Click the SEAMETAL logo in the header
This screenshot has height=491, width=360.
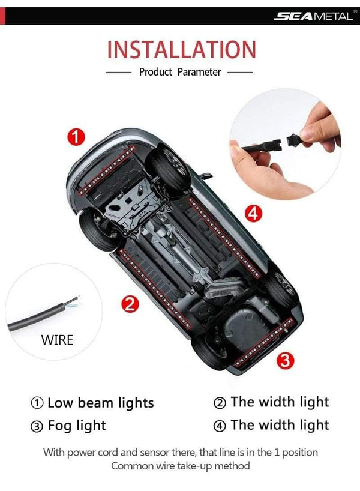pyautogui.click(x=314, y=16)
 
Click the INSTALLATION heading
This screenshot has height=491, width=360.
pyautogui.click(x=182, y=49)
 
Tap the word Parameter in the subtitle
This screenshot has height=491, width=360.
pyautogui.click(x=199, y=72)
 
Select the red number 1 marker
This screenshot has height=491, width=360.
pyautogui.click(x=76, y=137)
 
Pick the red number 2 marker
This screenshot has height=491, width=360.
pyautogui.click(x=130, y=304)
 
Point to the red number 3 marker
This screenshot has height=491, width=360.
pyautogui.click(x=285, y=360)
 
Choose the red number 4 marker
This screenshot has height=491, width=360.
pyautogui.click(x=253, y=214)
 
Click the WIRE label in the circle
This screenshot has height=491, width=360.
pyautogui.click(x=57, y=340)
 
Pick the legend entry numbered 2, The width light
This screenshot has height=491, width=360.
pyautogui.click(x=271, y=402)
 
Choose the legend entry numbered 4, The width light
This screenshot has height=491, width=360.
pyautogui.click(x=271, y=425)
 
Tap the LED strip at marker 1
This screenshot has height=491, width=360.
pyautogui.click(x=106, y=170)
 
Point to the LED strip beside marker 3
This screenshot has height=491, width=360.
pyautogui.click(x=263, y=343)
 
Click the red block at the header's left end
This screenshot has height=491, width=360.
pyautogui.click(x=2, y=16)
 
